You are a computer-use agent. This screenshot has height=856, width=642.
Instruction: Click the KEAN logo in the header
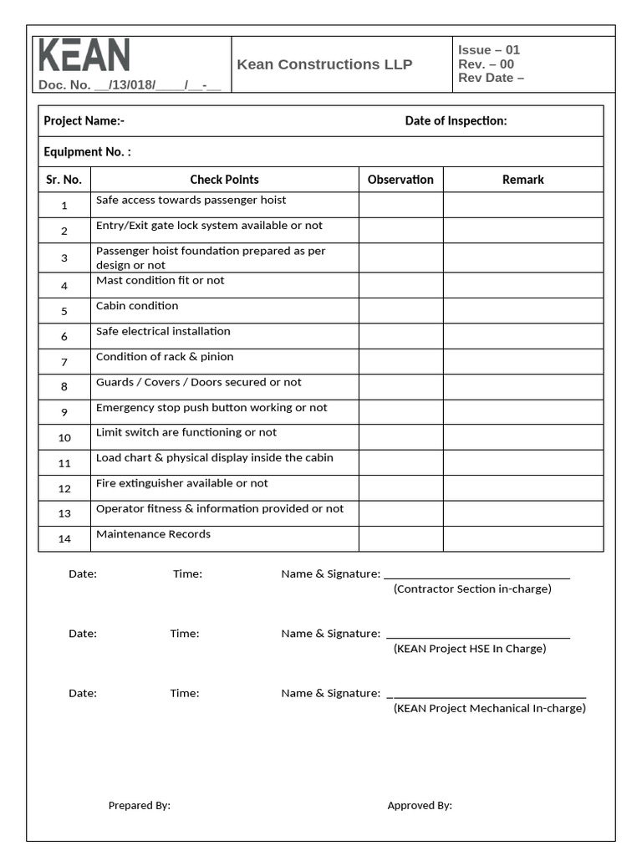coord(84,55)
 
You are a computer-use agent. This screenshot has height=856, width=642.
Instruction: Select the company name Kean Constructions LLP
coord(324,64)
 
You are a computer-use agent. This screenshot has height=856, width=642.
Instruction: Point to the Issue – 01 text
coord(489,50)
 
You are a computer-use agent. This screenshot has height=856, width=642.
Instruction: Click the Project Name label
coord(84,120)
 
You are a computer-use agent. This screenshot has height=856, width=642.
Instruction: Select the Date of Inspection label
coord(456,120)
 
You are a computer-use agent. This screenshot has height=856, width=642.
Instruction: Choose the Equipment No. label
coord(87,151)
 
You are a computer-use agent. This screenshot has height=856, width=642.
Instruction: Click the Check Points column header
coord(224,179)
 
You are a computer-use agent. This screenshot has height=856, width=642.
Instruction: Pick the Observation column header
coord(400,179)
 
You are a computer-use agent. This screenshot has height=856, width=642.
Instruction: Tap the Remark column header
coord(522,179)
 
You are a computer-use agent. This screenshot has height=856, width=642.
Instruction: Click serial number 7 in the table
coord(64,362)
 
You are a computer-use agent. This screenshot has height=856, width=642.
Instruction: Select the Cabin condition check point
coord(137,306)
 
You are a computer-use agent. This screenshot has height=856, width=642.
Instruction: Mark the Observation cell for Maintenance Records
coord(400,538)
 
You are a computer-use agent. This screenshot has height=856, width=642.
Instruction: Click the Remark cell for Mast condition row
coord(522,285)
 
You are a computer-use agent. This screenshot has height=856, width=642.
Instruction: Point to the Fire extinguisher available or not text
coord(181,483)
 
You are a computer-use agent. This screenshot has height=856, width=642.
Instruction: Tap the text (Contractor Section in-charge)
coord(472,588)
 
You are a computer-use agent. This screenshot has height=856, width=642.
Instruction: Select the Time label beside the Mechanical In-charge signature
coord(185,693)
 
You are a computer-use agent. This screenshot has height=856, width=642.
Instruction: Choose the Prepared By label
coord(139,805)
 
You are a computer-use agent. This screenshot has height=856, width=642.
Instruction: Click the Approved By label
coord(420,805)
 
